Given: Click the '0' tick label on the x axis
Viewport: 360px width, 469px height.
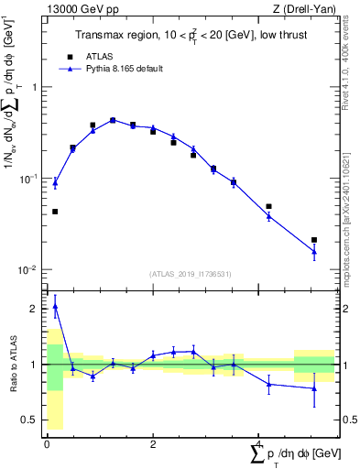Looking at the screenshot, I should [x=48, y=443].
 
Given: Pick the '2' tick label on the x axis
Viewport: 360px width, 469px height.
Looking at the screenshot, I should [x=153, y=443].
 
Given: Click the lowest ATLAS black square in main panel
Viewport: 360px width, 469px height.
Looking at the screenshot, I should [x=314, y=240].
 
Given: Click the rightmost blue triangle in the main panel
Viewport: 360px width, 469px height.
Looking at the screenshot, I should [x=314, y=251].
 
